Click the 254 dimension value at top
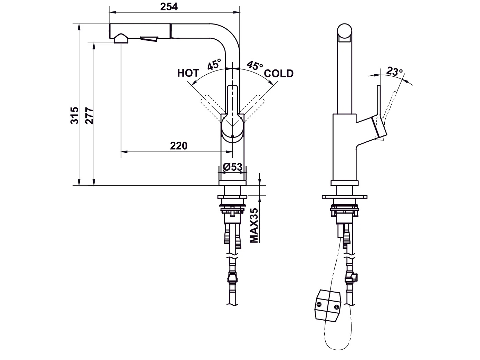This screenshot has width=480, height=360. pos(169,6)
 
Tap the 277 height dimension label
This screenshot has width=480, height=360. pos(89,115)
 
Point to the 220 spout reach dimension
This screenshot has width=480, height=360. pos(179,145)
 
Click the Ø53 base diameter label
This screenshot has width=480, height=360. pos(232,167)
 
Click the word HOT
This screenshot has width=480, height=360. pos(188,73)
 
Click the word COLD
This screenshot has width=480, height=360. pos(279,73)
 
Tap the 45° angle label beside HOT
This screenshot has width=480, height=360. pos(214,65)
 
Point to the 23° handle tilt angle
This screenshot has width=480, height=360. pos(394,72)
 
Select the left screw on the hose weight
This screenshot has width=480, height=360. pos(319,304)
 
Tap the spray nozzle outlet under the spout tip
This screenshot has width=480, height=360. pos(121,38)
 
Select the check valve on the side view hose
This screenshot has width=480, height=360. pos(352,276)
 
